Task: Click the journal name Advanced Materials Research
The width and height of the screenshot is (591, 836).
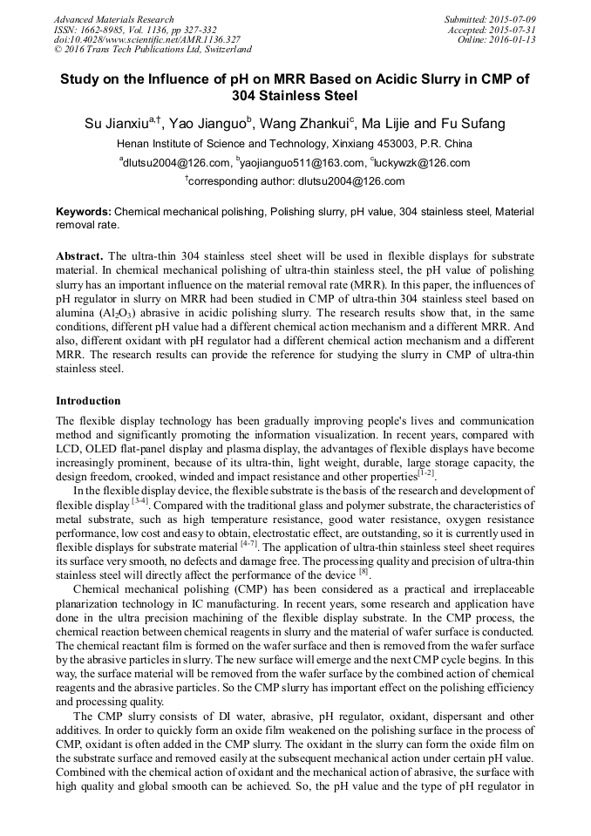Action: pyautogui.click(x=113, y=19)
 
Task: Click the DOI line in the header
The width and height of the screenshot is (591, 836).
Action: pyautogui.click(x=147, y=39)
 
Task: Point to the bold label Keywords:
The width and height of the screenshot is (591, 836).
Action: pyautogui.click(x=84, y=212)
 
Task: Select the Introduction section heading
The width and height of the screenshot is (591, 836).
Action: pyautogui.click(x=88, y=401)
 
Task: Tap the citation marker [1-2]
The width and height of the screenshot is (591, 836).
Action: pyautogui.click(x=426, y=473)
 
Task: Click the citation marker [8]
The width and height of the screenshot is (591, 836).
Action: pyautogui.click(x=364, y=572)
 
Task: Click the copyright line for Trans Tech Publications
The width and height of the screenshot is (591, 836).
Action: pyautogui.click(x=153, y=50)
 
